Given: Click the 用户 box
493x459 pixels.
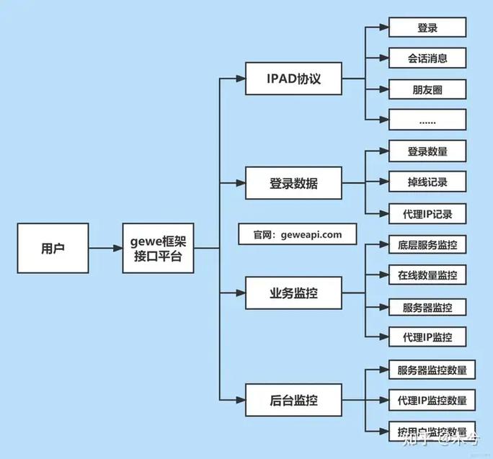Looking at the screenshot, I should (53, 249).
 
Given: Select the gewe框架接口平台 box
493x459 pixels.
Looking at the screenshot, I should (158, 249).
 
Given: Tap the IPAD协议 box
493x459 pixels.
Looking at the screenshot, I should (293, 79).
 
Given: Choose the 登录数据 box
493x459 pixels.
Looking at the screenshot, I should (293, 184).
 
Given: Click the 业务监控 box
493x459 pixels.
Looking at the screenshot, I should (293, 293).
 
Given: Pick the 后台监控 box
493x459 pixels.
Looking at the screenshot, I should (293, 398).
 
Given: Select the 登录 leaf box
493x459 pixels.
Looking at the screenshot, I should (427, 28).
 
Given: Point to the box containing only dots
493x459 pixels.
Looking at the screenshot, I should (427, 120).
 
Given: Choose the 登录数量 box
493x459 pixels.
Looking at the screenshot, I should (427, 151).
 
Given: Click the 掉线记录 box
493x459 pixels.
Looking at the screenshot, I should (427, 182).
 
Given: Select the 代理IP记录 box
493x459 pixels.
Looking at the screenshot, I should (427, 213).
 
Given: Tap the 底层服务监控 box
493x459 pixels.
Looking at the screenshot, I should (427, 244).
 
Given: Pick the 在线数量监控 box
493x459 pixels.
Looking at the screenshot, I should (427, 275).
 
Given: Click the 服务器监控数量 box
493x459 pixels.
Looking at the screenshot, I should (432, 371).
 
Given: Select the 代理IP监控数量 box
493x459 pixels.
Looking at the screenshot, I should (432, 401).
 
